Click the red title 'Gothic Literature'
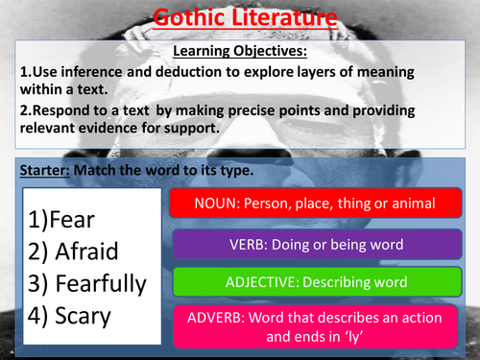240,16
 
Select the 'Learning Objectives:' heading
240,51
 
